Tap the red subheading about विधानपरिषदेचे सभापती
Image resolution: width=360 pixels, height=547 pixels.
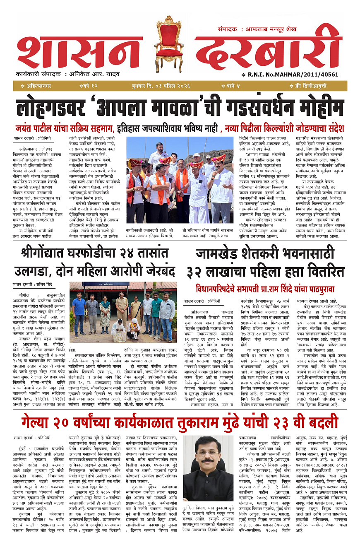pos(265,289)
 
